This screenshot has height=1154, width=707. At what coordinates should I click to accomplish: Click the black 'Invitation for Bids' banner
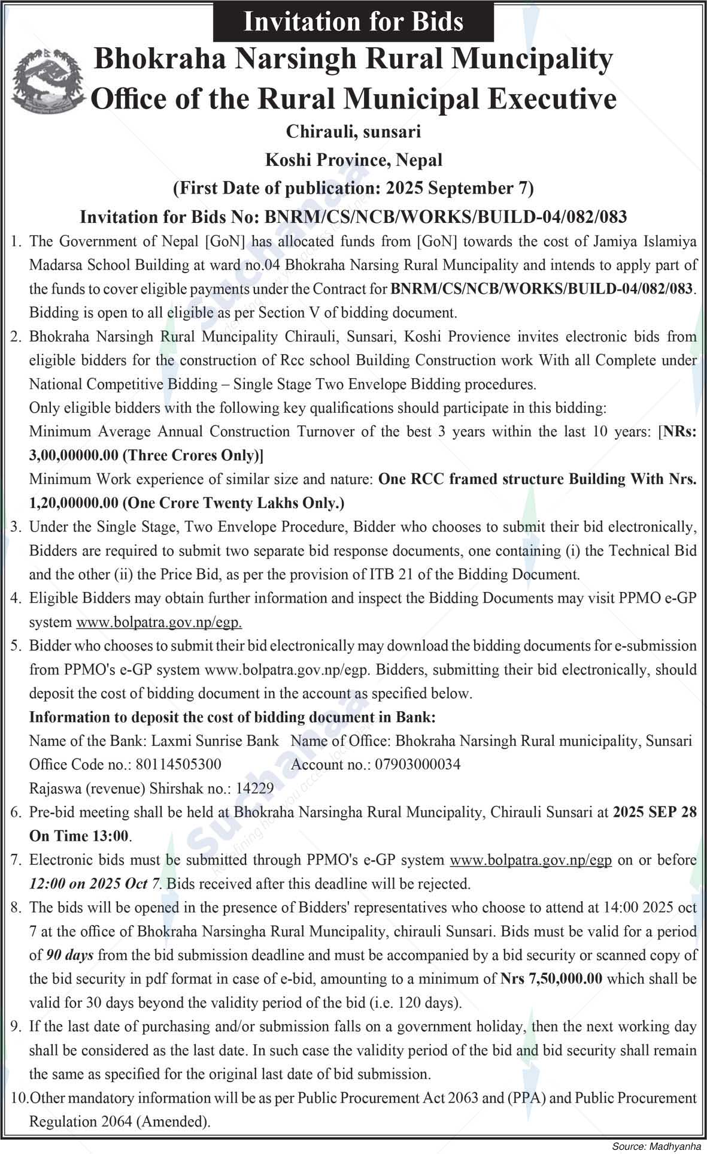pyautogui.click(x=353, y=22)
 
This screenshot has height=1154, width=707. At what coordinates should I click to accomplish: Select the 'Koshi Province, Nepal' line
pyautogui.click(x=353, y=160)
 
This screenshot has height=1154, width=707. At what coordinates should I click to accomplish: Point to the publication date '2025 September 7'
pyautogui.click(x=457, y=188)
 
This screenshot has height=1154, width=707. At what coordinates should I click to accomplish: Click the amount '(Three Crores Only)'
pyautogui.click(x=193, y=455)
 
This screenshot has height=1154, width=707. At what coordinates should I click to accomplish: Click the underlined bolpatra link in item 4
pyautogui.click(x=159, y=622)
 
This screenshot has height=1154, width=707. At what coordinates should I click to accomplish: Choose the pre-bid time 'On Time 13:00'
pyautogui.click(x=80, y=836)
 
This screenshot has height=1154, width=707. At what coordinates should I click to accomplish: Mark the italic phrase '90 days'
pyautogui.click(x=70, y=954)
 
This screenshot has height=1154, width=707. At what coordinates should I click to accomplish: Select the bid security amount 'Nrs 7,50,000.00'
pyautogui.click(x=551, y=978)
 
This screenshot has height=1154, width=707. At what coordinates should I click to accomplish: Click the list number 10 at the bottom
pyautogui.click(x=19, y=1098)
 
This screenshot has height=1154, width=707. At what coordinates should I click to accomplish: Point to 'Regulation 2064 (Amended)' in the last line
pyautogui.click(x=120, y=1121)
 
